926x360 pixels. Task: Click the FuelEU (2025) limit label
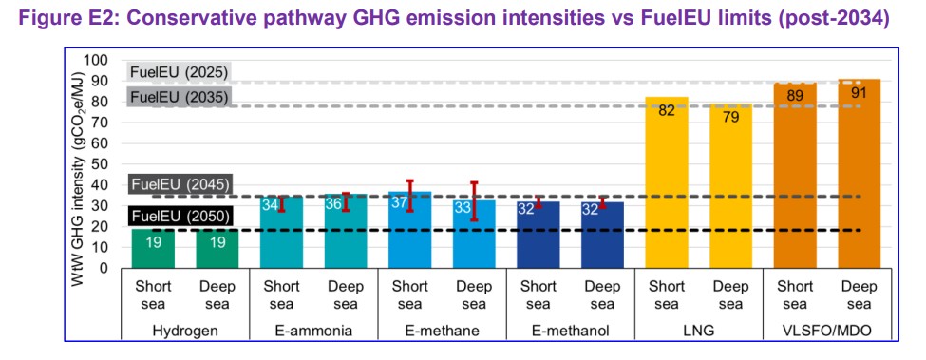point(177,73)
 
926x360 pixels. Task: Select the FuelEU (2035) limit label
point(177,97)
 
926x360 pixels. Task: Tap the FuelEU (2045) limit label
point(177,183)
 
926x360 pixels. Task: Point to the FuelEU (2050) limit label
point(177,216)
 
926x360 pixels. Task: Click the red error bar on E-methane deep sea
point(474,200)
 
